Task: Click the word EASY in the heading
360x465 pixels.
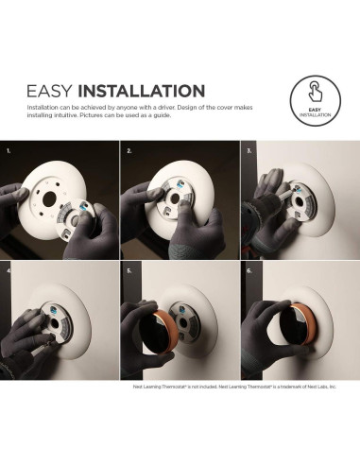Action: click(50, 92)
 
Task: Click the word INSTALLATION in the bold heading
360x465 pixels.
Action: click(142, 92)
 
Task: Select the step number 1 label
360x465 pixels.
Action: click(9, 150)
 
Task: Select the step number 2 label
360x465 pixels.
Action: click(129, 150)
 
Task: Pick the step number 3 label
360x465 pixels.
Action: click(249, 150)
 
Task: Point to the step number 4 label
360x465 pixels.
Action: click(9, 269)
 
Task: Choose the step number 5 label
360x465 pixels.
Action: click(129, 269)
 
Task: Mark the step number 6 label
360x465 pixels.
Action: click(249, 269)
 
